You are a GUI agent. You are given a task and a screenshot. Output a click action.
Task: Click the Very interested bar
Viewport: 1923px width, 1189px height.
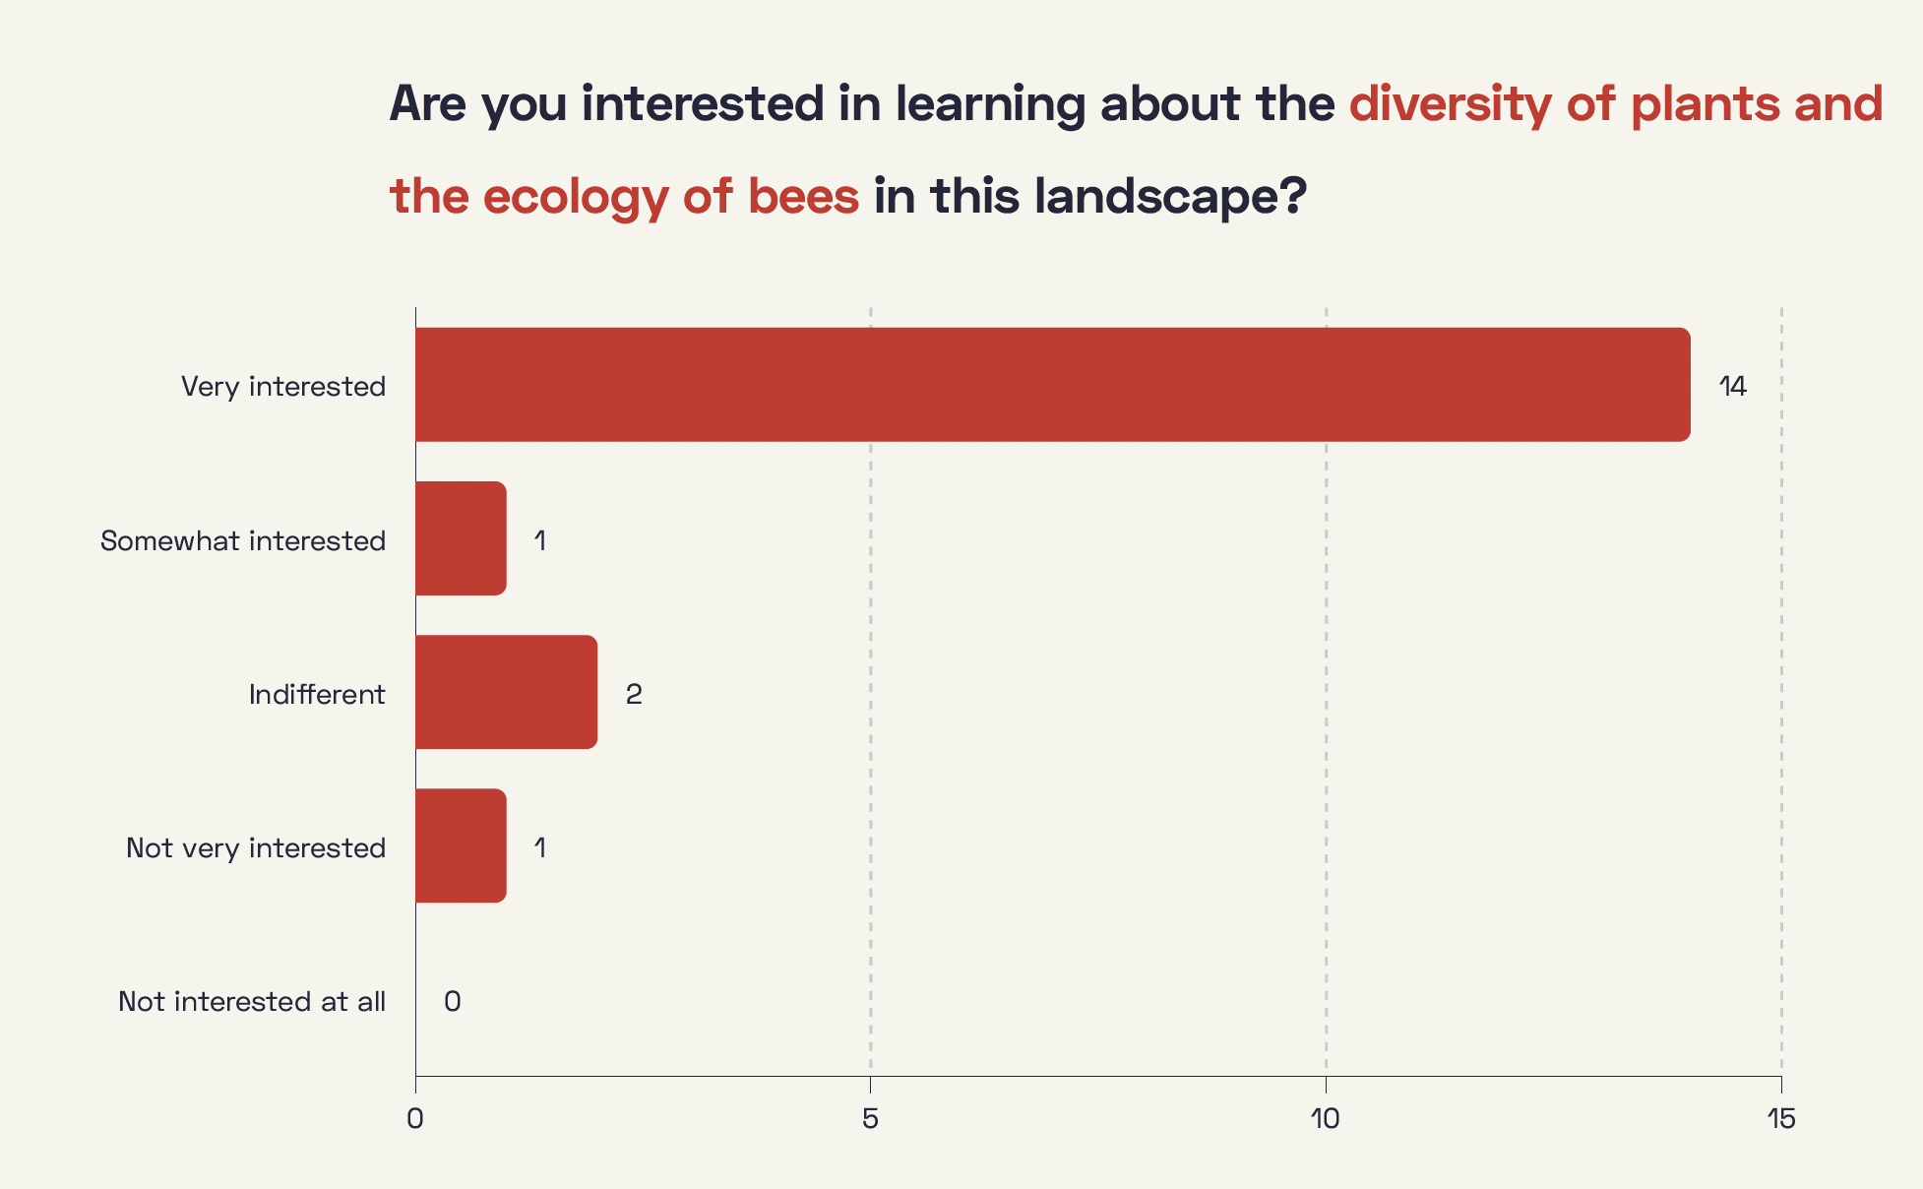tap(1053, 385)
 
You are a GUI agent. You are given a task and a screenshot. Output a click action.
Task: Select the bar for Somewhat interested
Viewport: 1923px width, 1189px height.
tap(461, 538)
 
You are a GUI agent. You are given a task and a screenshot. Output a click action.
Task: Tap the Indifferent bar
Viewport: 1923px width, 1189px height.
tap(506, 692)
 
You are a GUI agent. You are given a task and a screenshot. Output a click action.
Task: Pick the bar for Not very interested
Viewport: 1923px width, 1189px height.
tap(461, 845)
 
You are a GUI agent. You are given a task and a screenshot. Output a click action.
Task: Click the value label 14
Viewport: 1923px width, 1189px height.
tap(1733, 386)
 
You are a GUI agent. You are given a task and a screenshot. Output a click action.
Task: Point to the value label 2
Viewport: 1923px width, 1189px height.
tap(634, 694)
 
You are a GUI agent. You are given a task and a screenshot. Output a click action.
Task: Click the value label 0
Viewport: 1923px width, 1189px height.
tap(453, 1001)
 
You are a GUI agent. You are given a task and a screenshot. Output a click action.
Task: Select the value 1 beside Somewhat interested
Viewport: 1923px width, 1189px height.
tap(540, 540)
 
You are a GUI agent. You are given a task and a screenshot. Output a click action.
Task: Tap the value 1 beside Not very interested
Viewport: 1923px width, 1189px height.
tap(540, 847)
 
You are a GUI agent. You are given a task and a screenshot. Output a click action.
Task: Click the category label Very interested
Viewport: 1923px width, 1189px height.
tap(283, 386)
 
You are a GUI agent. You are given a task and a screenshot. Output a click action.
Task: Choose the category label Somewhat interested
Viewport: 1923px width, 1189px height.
tap(243, 540)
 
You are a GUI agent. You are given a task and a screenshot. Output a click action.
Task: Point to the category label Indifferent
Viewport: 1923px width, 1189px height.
tap(317, 694)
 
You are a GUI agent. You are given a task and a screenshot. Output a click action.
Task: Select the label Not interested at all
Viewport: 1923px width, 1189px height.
tap(252, 1001)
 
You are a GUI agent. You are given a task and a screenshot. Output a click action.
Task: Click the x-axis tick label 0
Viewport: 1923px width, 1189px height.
tap(415, 1119)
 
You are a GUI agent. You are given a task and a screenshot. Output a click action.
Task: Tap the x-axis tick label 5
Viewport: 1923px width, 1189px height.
tap(870, 1119)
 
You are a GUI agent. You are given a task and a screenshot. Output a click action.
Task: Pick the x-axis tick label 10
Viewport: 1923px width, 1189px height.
tap(1326, 1119)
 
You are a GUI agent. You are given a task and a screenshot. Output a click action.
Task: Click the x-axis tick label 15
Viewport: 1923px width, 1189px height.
tap(1781, 1119)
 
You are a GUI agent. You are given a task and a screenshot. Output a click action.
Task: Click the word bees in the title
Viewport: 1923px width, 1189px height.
tap(803, 195)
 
